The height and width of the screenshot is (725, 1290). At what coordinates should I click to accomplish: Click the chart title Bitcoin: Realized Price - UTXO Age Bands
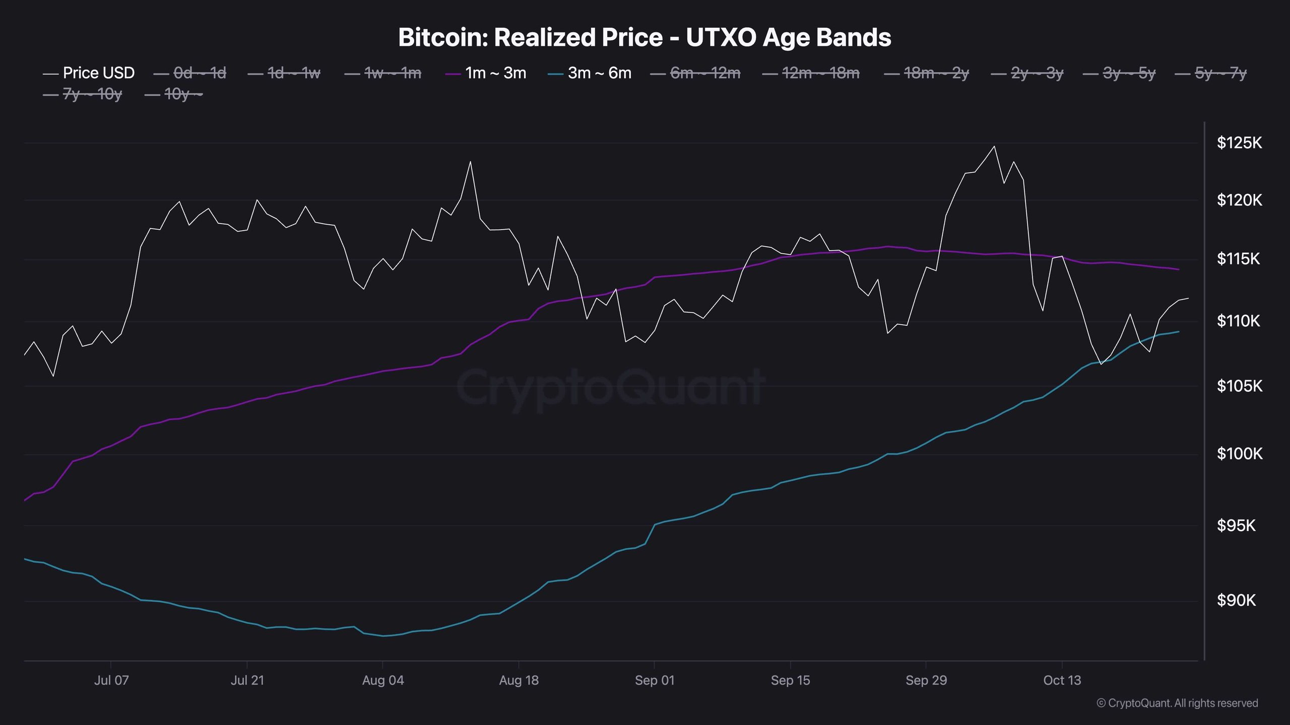(x=644, y=38)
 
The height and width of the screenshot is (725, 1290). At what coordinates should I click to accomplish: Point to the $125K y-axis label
(x=1239, y=143)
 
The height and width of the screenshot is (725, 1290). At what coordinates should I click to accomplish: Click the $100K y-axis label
(x=1239, y=454)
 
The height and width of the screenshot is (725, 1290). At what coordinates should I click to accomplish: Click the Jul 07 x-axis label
(x=111, y=681)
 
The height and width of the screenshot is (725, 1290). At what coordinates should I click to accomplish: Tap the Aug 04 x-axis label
(x=383, y=681)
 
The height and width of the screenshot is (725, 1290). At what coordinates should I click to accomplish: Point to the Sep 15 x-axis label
(x=790, y=681)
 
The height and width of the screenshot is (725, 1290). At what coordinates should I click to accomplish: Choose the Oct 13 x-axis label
(x=1062, y=681)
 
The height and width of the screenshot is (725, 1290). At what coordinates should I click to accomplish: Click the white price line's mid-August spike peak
(x=470, y=162)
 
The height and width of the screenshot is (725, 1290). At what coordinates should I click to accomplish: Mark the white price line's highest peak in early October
(x=994, y=147)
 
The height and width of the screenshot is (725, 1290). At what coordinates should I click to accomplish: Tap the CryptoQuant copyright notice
(x=1177, y=703)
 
